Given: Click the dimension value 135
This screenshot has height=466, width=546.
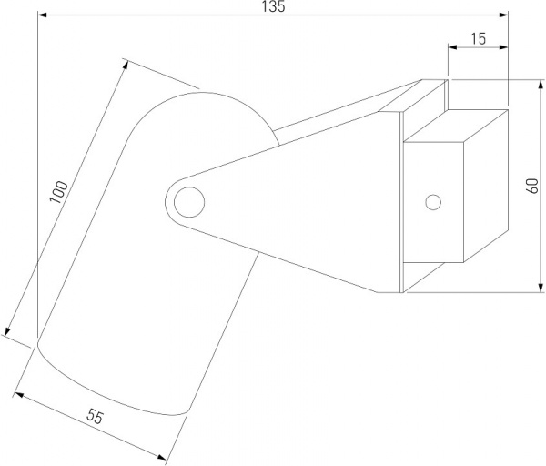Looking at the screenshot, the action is click(273, 6).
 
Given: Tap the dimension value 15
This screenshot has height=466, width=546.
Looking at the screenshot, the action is click(479, 38).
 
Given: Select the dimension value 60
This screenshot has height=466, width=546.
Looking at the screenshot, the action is click(532, 186).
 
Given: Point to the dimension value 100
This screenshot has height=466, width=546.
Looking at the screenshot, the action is click(58, 191).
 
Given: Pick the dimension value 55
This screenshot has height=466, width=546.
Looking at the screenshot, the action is click(95, 416).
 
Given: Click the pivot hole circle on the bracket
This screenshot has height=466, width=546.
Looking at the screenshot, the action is click(189, 202).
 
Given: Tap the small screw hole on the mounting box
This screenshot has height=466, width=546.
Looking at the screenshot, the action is click(433, 202).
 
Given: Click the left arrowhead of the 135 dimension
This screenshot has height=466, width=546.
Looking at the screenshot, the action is click(42, 15).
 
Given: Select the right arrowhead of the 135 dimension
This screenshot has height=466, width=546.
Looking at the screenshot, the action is click(503, 15).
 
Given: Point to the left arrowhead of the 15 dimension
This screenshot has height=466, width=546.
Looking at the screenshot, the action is click(452, 47).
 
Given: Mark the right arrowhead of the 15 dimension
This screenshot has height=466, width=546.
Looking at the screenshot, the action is click(503, 47).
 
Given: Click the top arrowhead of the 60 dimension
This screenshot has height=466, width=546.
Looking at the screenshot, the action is click(540, 85).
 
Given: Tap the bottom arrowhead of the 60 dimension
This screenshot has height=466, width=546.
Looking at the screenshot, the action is click(540, 288).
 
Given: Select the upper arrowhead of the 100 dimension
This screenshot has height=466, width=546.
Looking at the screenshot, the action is click(126, 65).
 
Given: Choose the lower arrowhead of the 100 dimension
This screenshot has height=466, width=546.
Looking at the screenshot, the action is click(8, 331).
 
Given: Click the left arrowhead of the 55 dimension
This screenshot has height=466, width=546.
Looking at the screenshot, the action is click(18, 395).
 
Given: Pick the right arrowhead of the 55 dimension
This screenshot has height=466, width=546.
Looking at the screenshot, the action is click(161, 457).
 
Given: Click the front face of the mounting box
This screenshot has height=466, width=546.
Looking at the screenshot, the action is click(433, 202).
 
